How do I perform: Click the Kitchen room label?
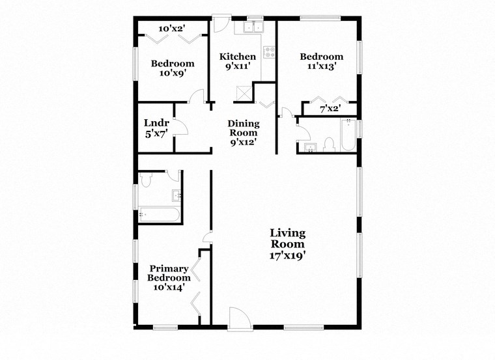237,57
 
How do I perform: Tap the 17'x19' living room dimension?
288,256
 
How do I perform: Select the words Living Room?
288,238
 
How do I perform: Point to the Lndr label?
156,123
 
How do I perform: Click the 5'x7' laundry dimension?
156,135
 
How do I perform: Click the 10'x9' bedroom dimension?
173,74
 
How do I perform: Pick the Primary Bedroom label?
169,273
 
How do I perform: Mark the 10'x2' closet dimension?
173,28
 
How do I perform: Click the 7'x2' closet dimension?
330,109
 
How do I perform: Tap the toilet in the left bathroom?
145,179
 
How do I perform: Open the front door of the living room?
238,318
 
